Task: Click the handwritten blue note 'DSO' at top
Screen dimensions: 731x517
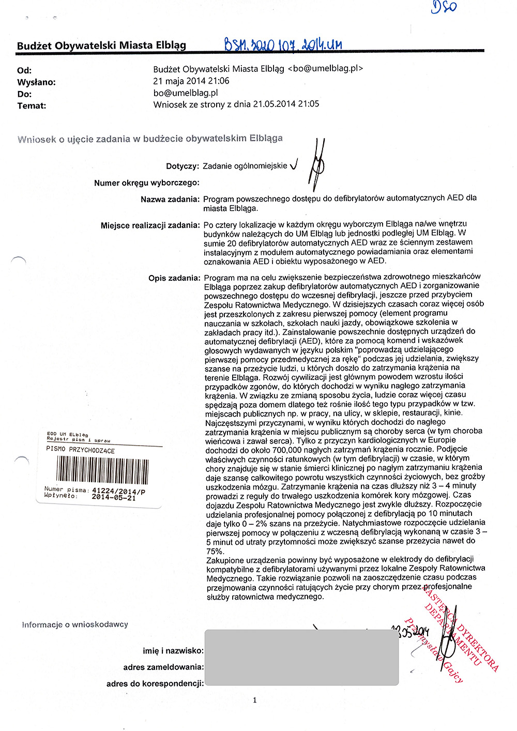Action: [444, 7]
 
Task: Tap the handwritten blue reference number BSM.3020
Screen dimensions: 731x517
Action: [282, 45]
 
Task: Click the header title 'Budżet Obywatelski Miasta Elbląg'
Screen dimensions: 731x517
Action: [101, 45]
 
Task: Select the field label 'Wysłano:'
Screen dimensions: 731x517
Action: [36, 82]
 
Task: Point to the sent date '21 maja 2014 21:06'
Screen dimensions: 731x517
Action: [191, 81]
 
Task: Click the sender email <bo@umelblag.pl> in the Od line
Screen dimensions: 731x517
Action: [325, 68]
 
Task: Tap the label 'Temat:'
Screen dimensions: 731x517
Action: [32, 106]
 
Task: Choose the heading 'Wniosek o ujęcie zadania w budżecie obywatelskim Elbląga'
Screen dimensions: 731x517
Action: [150, 139]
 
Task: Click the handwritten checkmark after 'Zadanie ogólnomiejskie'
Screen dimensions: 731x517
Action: [294, 165]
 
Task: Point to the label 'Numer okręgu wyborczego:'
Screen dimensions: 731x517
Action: [147, 182]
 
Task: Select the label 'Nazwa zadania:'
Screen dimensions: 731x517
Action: [170, 199]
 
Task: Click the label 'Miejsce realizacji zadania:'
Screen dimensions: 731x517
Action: [150, 225]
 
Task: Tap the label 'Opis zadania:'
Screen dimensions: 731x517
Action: [174, 278]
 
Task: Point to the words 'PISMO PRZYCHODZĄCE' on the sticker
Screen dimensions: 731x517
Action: [80, 450]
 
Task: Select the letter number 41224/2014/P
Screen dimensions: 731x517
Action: [118, 491]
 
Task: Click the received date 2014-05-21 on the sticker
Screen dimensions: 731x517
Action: [114, 497]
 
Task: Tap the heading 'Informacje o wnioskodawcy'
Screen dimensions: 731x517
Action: [75, 625]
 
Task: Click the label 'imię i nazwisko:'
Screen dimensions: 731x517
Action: [173, 651]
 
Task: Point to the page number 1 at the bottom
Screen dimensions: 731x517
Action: [254, 700]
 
